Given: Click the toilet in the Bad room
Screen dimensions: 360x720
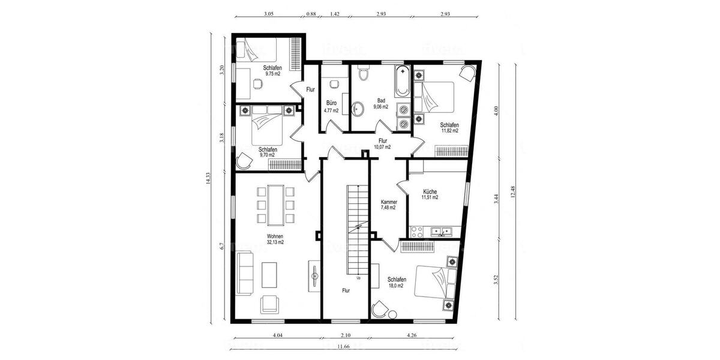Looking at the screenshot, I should pyautogui.click(x=362, y=74).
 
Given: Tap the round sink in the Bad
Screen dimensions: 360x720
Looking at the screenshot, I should pyautogui.click(x=358, y=109).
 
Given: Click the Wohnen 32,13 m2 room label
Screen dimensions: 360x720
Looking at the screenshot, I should pyautogui.click(x=275, y=239).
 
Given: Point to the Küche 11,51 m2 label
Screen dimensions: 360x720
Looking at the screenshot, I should pyautogui.click(x=429, y=194).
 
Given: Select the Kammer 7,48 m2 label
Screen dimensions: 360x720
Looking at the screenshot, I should pyautogui.click(x=388, y=205).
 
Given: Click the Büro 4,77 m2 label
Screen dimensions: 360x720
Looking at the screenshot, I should pyautogui.click(x=331, y=106).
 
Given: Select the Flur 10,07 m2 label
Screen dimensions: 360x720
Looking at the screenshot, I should pyautogui.click(x=382, y=143).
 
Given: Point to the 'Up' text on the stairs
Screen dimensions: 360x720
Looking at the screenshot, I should pyautogui.click(x=359, y=278).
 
